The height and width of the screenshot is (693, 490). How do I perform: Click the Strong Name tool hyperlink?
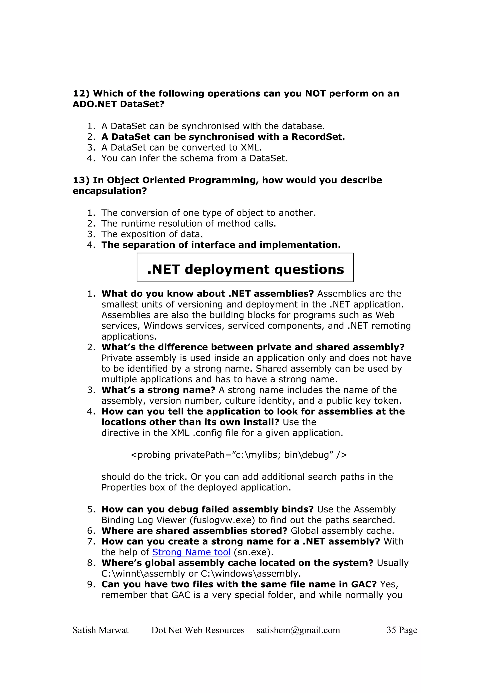[191, 552]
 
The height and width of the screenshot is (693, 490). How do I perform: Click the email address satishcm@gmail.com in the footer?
[298, 630]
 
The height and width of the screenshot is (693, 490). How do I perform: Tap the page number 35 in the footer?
[391, 630]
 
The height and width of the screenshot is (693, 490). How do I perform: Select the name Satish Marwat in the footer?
[100, 630]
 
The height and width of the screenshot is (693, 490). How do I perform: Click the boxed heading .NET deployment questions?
[245, 269]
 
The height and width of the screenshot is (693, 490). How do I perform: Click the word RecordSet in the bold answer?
[318, 137]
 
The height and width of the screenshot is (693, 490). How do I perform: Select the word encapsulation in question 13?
[110, 191]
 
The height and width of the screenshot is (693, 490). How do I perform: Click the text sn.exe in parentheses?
[253, 552]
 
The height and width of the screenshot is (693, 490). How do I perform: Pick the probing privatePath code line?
[239, 455]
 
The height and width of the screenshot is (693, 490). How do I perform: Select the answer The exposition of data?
[152, 234]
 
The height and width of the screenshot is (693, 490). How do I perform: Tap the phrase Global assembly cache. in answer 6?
[342, 531]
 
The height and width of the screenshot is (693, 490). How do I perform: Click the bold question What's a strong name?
[158, 390]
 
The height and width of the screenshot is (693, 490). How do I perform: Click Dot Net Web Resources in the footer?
[198, 630]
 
